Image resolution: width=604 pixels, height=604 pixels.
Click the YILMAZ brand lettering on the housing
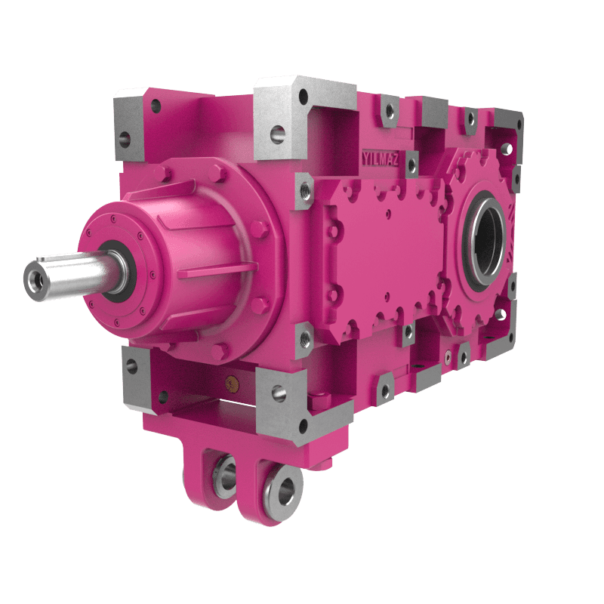[381, 159]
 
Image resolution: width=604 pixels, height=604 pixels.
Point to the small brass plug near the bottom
[232, 384]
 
